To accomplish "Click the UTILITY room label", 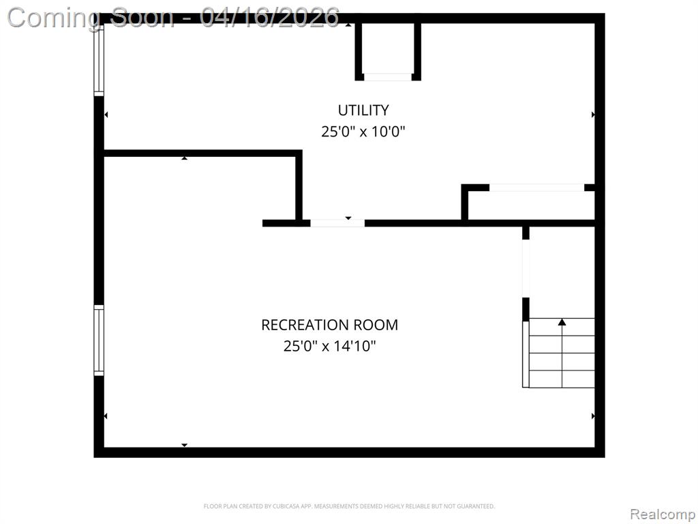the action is click(x=363, y=110).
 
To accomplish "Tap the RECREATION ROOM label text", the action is click(x=329, y=325).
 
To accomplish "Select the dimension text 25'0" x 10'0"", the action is click(x=363, y=132).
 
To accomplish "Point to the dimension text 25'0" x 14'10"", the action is click(x=329, y=346).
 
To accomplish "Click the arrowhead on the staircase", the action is click(x=562, y=322).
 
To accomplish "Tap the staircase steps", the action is click(x=559, y=353).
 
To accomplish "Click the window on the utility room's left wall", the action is click(x=99, y=60).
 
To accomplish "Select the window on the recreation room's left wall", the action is click(x=99, y=340).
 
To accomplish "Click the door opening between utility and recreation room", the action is click(x=337, y=223).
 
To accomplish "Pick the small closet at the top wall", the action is click(x=388, y=49).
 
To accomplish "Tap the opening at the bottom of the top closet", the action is click(x=388, y=77).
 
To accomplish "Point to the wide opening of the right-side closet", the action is click(x=537, y=188).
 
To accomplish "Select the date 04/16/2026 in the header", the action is click(x=270, y=18).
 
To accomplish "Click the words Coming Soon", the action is click(x=91, y=18).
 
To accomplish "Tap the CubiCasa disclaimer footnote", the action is click(x=349, y=506).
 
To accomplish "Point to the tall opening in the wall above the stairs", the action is click(x=526, y=269).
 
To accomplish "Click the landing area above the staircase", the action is click(x=562, y=272).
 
